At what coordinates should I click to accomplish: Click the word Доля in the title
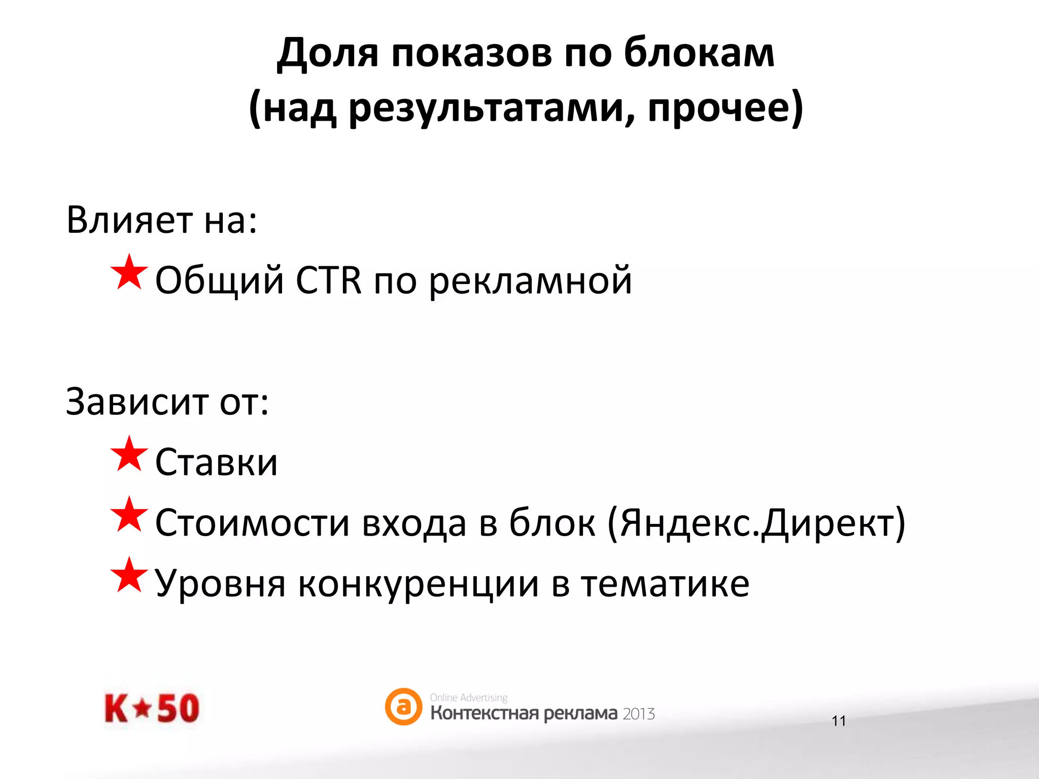tap(328, 53)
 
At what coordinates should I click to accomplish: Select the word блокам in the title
tap(699, 53)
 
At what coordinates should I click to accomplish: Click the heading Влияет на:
tap(162, 220)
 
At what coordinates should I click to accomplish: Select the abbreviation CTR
tap(328, 280)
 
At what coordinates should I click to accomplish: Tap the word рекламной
tap(531, 280)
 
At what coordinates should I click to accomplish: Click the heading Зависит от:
tap(167, 402)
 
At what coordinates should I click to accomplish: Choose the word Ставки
tap(217, 462)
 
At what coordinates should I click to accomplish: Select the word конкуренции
tap(418, 584)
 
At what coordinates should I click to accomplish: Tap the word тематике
tap(665, 584)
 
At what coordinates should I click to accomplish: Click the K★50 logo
tap(152, 708)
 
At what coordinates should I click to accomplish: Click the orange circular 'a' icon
tap(403, 706)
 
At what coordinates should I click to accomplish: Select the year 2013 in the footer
tap(639, 714)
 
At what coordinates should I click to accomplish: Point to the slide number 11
tap(839, 721)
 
